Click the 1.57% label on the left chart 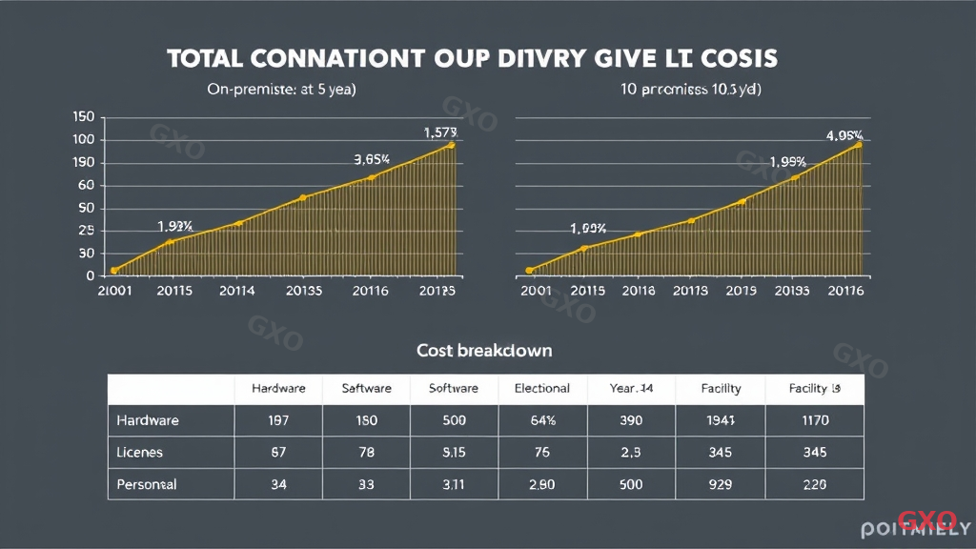(x=440, y=132)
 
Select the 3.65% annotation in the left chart (x=372, y=160)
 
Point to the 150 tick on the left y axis (x=83, y=117)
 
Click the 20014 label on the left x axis (x=236, y=291)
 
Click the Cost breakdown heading (x=484, y=351)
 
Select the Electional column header (x=541, y=388)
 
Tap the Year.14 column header (x=631, y=388)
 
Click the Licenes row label (x=139, y=452)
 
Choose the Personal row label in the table (x=147, y=484)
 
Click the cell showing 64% (x=541, y=420)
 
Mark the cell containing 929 (x=721, y=484)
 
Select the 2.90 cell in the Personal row (x=541, y=484)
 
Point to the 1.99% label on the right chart (x=787, y=162)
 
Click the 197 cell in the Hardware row (x=278, y=420)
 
